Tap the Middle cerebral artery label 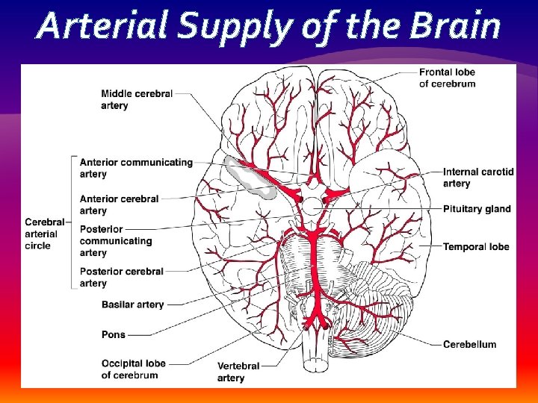pos(137,99)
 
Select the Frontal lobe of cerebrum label pos(447,78)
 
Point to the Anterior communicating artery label pos(135,168)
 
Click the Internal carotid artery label pos(478,178)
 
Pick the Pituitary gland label pos(477,209)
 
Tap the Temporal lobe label pos(476,246)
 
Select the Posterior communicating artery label pos(115,241)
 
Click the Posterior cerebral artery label pos(121,277)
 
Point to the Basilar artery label pos(132,304)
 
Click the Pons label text pos(114,335)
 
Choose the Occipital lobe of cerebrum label pos(133,369)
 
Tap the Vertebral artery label pos(238,372)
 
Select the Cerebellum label pos(469,344)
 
